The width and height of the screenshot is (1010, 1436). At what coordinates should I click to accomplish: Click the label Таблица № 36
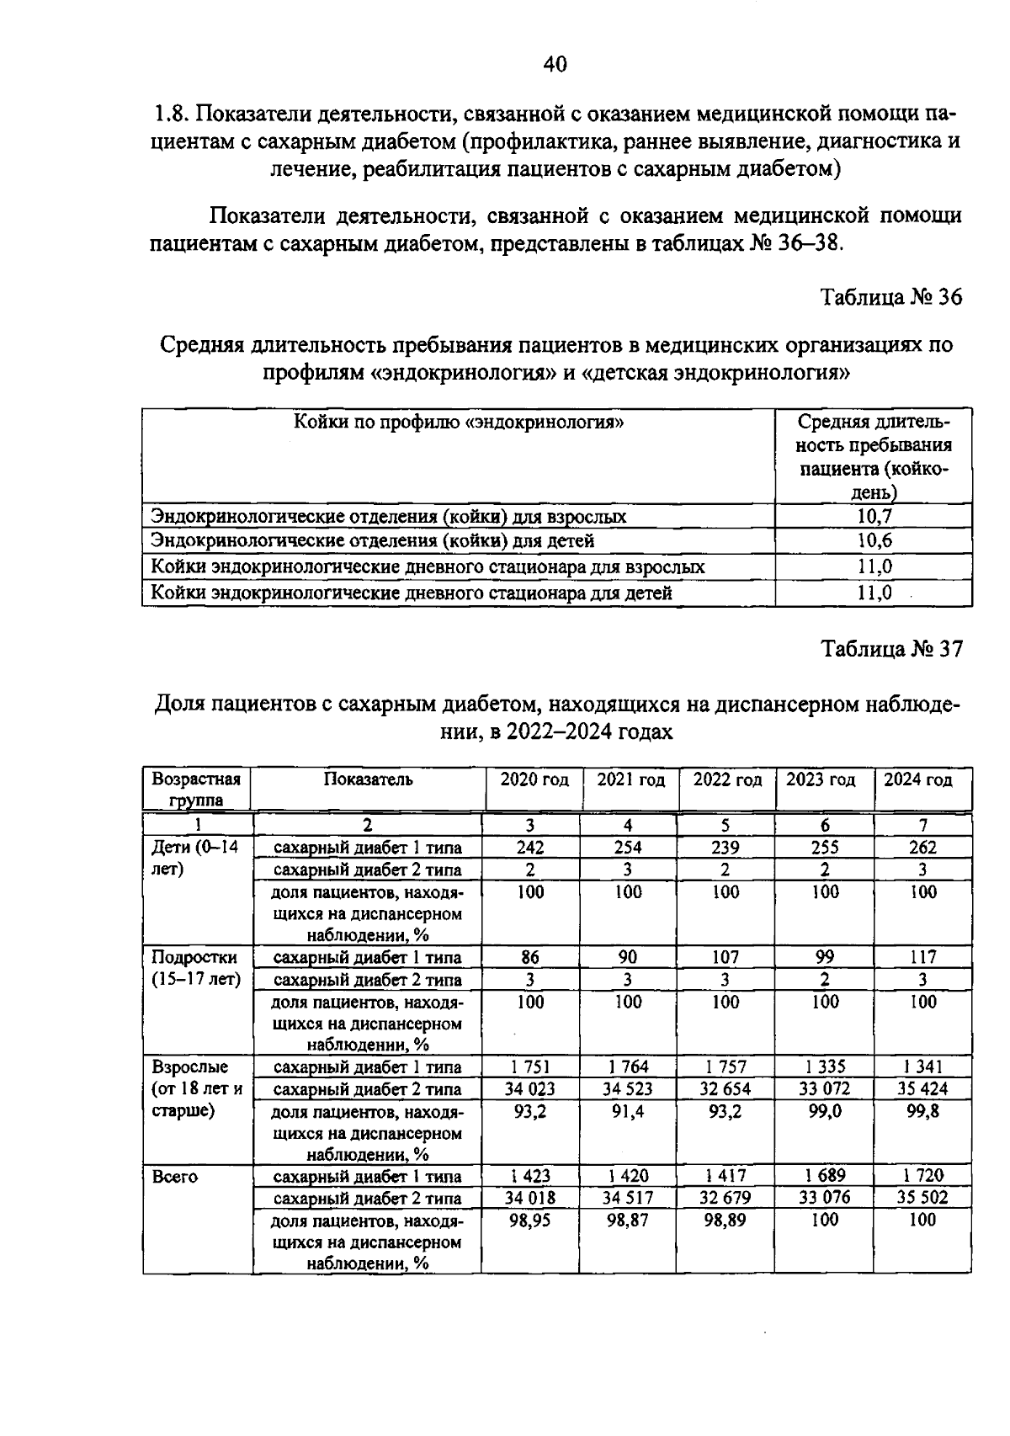tap(891, 297)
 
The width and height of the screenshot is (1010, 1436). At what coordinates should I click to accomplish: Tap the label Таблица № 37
tap(891, 649)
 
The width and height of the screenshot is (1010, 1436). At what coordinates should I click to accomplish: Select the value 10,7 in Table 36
tap(874, 516)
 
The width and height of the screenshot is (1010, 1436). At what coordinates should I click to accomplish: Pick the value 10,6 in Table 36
tap(874, 540)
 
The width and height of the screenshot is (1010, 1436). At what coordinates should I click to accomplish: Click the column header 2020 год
tap(534, 779)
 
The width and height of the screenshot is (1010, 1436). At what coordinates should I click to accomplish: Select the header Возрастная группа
tap(196, 789)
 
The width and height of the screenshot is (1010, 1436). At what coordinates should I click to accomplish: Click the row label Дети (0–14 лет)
tap(194, 858)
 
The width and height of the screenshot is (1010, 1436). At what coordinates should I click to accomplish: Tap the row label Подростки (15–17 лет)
tap(195, 968)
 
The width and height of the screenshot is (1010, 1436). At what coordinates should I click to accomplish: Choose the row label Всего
tap(175, 1177)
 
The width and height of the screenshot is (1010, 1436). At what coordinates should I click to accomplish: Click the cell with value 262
tap(922, 848)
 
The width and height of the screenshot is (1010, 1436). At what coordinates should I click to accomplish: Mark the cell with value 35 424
tap(922, 1089)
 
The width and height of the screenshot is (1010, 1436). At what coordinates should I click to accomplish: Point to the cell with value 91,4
tap(628, 1111)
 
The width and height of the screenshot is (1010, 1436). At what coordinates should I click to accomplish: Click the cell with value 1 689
tap(825, 1176)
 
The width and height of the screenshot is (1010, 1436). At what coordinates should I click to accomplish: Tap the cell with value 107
tap(725, 957)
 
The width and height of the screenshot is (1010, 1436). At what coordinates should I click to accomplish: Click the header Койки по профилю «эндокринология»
tap(459, 422)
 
